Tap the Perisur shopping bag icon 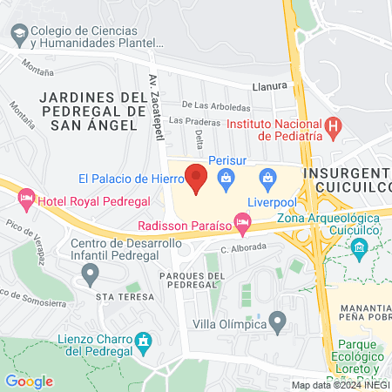tap(226, 181)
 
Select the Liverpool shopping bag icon tap(268, 181)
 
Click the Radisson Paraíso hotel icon tap(243, 225)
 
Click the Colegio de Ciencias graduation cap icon tap(17, 34)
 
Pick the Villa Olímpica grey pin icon tap(278, 323)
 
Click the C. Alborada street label tap(243, 248)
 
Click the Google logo tap(29, 381)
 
